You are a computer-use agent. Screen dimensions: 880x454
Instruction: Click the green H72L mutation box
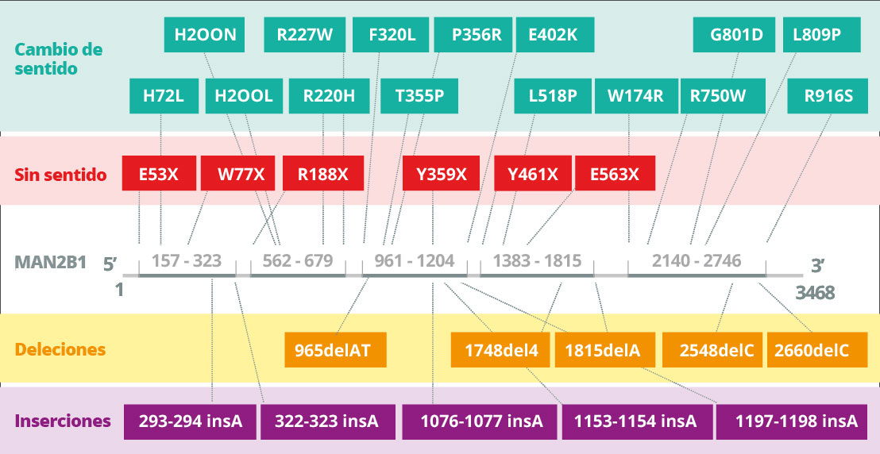tap(164, 96)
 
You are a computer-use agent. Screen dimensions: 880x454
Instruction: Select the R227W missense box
tap(305, 35)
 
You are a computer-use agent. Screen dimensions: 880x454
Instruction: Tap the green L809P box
tap(822, 35)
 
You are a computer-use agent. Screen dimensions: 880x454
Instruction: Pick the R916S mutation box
tap(828, 96)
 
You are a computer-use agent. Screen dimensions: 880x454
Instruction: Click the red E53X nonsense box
tap(160, 173)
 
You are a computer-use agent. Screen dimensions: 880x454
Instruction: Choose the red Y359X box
tap(441, 173)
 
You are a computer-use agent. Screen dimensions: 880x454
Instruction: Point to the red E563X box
tap(615, 173)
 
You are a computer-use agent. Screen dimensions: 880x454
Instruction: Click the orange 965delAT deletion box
tap(336, 350)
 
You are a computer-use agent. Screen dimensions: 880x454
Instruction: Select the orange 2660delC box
tap(817, 350)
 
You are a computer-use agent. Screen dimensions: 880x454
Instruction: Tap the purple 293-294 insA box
tap(191, 421)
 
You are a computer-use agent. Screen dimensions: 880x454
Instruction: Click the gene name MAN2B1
tap(51, 262)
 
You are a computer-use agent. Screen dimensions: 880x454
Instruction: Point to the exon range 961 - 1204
tap(415, 261)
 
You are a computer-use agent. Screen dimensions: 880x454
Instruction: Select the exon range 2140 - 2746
tap(697, 261)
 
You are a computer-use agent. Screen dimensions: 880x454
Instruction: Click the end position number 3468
tap(814, 292)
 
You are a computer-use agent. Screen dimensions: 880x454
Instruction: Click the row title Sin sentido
tap(60, 175)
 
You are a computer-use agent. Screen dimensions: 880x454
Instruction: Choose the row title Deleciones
tap(60, 349)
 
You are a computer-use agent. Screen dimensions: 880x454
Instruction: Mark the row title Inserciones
tap(63, 421)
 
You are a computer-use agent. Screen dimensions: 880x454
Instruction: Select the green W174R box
tap(636, 96)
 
